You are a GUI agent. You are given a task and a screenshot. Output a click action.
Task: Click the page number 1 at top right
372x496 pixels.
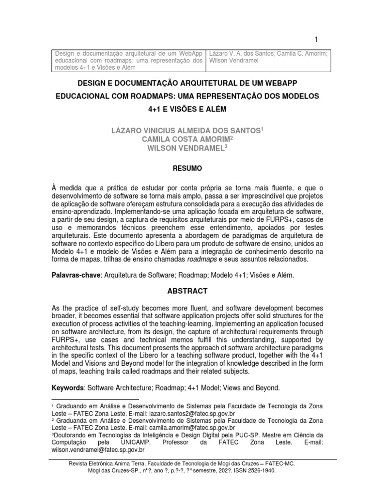pyautogui.click(x=316, y=40)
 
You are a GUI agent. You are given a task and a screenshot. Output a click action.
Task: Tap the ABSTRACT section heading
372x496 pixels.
pyautogui.click(x=186, y=291)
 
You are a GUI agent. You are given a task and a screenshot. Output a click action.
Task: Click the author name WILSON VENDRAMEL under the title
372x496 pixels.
pyautogui.click(x=186, y=149)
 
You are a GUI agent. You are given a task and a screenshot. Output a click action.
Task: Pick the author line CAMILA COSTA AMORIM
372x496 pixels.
pyautogui.click(x=186, y=139)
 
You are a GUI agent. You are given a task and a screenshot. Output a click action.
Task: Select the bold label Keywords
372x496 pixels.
pyautogui.click(x=68, y=388)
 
